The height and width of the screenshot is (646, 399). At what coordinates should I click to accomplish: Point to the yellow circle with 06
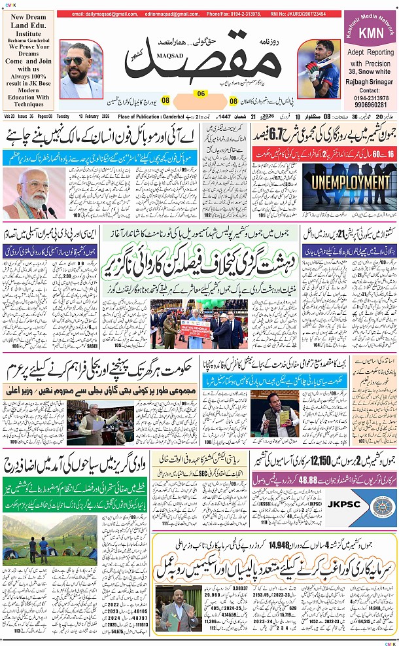click(x=201, y=94)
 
